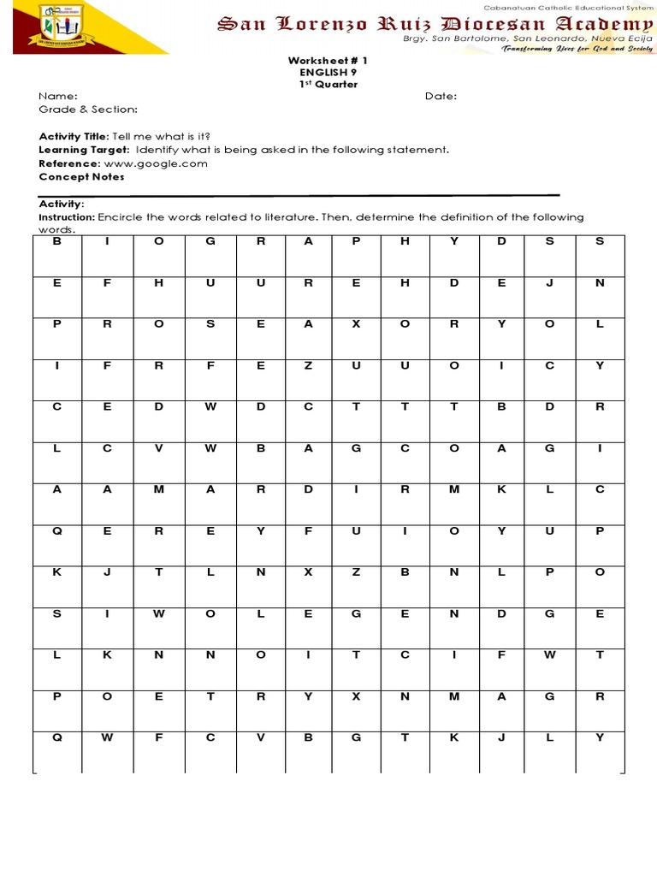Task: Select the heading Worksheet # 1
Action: point(327,62)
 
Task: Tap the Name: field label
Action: point(58,97)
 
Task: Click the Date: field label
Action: point(441,97)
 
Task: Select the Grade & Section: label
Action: point(88,109)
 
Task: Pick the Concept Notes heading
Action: point(81,177)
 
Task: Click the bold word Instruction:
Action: point(68,217)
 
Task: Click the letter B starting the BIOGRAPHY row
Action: point(57,241)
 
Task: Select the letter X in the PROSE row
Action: point(357,324)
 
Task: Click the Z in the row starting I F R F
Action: point(309,365)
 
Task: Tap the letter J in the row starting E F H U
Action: point(550,282)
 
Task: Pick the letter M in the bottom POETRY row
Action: point(454,696)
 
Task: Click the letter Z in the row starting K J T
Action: point(357,571)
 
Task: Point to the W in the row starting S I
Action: point(158,613)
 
